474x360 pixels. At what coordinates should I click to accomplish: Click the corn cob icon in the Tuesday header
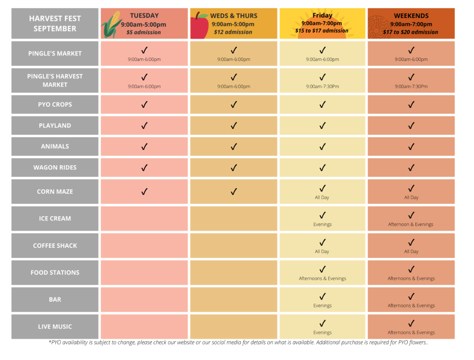pyautogui.click(x=111, y=25)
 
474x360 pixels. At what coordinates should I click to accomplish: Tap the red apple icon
pyautogui.click(x=199, y=26)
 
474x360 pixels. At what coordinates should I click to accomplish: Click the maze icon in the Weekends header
pyautogui.click(x=376, y=24)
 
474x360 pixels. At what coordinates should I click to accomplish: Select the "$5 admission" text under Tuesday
pyautogui.click(x=144, y=32)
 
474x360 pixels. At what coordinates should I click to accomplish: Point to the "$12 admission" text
pyautogui.click(x=233, y=32)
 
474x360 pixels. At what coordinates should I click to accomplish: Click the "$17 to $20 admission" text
pyautogui.click(x=410, y=32)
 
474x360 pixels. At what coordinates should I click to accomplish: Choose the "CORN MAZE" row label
pyautogui.click(x=55, y=192)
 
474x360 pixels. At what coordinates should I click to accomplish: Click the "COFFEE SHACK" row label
pyautogui.click(x=55, y=246)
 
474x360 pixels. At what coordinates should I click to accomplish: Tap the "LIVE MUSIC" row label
pyautogui.click(x=55, y=327)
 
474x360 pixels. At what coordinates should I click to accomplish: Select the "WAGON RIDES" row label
pyautogui.click(x=55, y=168)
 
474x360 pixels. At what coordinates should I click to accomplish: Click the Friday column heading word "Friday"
pyautogui.click(x=323, y=15)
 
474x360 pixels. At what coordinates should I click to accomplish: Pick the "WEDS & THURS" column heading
pyautogui.click(x=233, y=16)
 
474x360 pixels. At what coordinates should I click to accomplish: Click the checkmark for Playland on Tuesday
pyautogui.click(x=144, y=125)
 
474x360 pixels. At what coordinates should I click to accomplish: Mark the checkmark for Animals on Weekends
pyautogui.click(x=411, y=146)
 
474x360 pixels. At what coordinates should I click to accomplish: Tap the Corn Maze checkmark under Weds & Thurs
pyautogui.click(x=233, y=192)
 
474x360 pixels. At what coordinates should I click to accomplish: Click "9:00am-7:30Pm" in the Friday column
pyautogui.click(x=323, y=86)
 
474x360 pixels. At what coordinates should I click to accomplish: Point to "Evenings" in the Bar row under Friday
pyautogui.click(x=323, y=306)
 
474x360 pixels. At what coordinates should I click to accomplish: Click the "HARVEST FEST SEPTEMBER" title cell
pyautogui.click(x=55, y=24)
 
